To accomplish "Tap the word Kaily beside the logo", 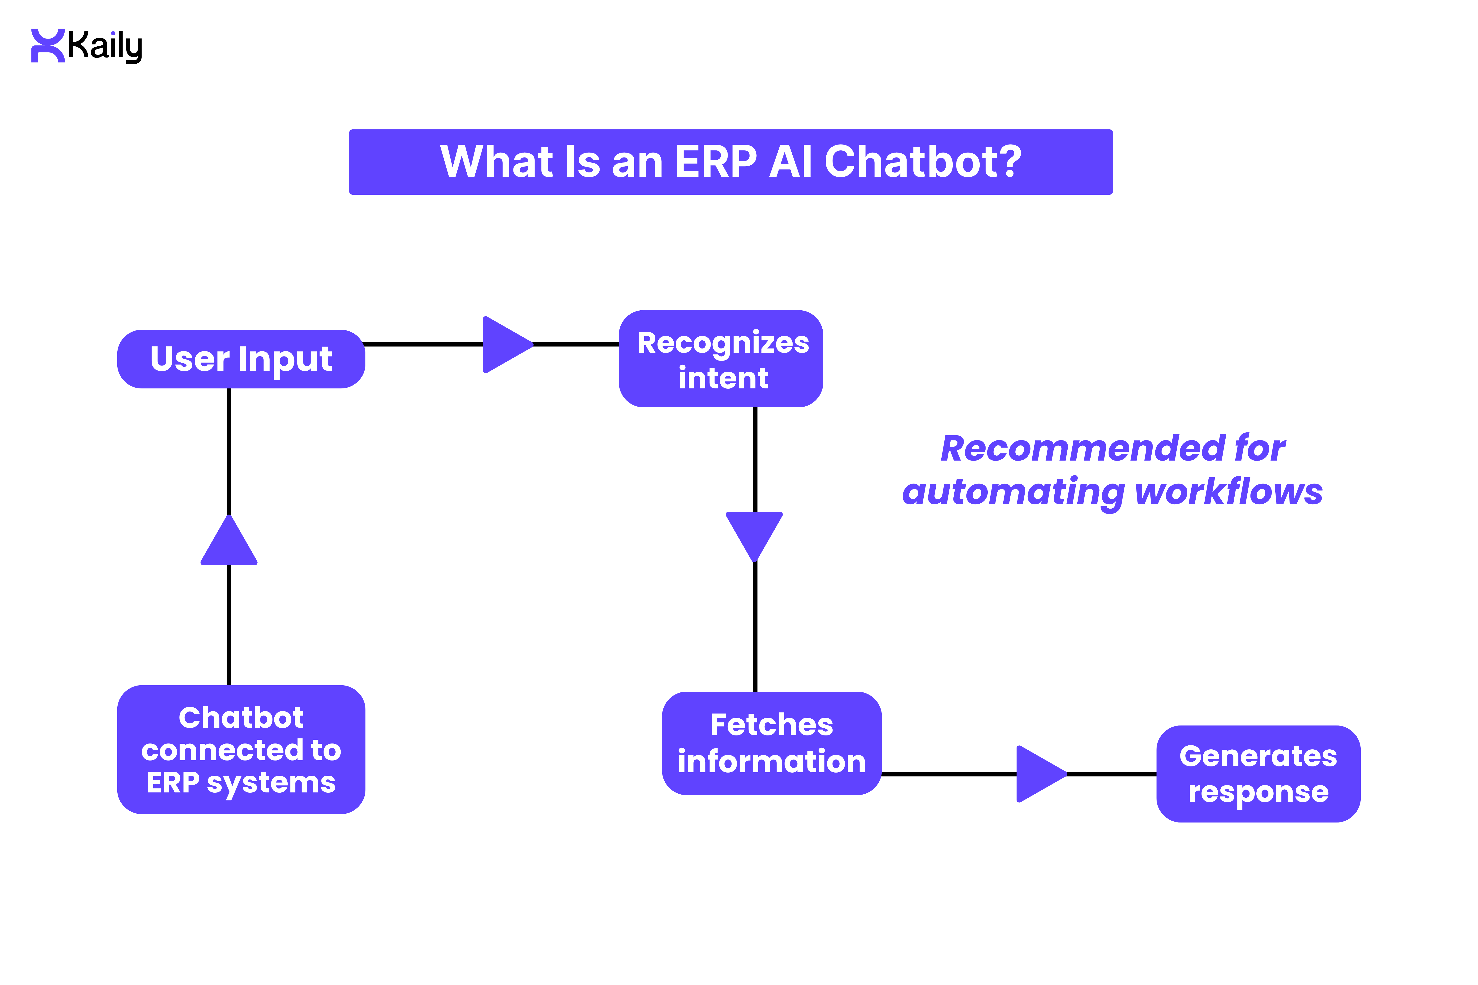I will click(105, 46).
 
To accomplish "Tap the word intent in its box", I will click(723, 378).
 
